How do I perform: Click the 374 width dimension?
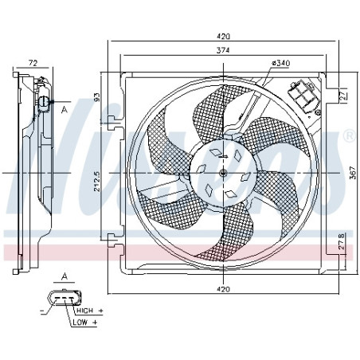(x=224, y=50)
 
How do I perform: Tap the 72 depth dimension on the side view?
(x=33, y=61)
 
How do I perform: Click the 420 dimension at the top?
(x=224, y=36)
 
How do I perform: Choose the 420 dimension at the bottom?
(x=224, y=288)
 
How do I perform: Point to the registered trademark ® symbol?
(x=348, y=138)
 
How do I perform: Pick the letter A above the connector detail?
(x=65, y=276)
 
